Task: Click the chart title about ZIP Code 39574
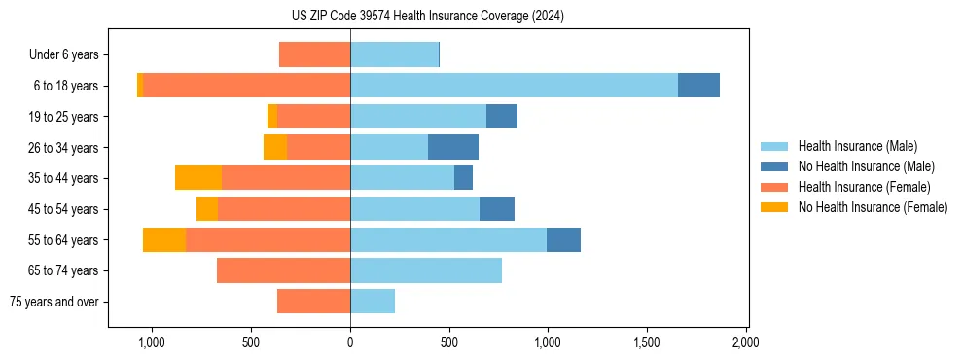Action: tap(427, 17)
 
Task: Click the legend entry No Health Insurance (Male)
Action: tap(866, 166)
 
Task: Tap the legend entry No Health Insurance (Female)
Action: tap(872, 207)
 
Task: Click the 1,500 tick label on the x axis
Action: tap(647, 343)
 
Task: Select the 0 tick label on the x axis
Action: tap(350, 343)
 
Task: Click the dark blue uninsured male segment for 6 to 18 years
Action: tap(698, 86)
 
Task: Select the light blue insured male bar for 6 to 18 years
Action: tap(514, 86)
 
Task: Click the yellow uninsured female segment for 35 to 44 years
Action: tap(198, 178)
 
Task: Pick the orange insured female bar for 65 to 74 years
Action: tap(283, 270)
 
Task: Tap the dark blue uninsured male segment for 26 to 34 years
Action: tap(453, 147)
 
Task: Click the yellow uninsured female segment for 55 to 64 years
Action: tap(164, 239)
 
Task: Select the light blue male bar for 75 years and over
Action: tap(373, 302)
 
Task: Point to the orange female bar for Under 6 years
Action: tap(314, 54)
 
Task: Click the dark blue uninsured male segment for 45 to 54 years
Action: tap(497, 209)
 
